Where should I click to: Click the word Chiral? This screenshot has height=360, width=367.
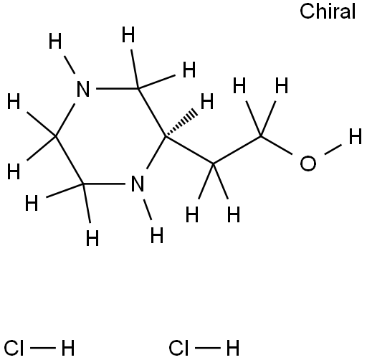click(328, 11)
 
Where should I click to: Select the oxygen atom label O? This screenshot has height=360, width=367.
click(308, 164)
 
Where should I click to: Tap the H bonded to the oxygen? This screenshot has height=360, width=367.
click(356, 136)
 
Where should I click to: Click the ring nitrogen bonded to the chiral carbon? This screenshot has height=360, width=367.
click(138, 184)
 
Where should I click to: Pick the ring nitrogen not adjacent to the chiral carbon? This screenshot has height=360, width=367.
click(83, 89)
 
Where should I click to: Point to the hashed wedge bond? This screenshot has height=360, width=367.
click(181, 123)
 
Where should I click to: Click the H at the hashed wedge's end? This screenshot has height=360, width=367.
click(207, 101)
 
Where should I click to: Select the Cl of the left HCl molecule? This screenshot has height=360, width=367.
click(14, 348)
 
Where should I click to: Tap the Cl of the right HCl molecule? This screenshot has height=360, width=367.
click(178, 348)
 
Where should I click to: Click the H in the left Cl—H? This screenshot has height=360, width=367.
click(68, 348)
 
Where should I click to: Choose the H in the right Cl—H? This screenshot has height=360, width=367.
click(233, 348)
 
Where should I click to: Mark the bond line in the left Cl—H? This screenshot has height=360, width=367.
click(43, 348)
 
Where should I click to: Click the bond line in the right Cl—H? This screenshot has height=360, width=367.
click(208, 348)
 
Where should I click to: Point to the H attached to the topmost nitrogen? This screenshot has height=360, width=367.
click(55, 41)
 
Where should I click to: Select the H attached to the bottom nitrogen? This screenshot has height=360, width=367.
click(157, 235)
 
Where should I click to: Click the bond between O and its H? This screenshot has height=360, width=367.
click(333, 149)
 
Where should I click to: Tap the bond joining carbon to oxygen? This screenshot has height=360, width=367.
click(277, 146)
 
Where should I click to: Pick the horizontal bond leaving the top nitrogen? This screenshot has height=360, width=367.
click(118, 89)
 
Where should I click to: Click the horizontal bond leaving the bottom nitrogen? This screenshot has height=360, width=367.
click(104, 184)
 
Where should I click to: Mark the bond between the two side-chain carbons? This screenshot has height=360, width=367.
click(237, 150)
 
